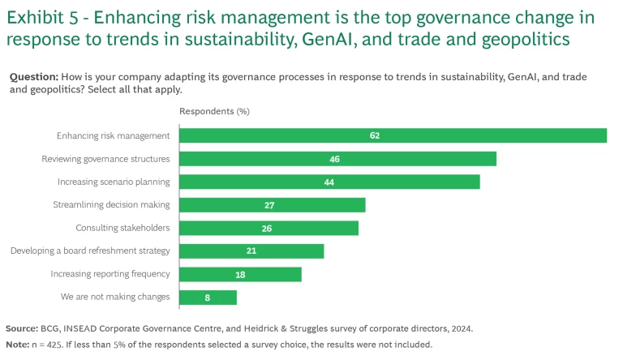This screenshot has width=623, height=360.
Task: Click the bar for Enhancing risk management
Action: (393, 135)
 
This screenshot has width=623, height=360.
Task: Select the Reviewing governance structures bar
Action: (337, 159)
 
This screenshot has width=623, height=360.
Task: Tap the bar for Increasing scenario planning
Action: (329, 182)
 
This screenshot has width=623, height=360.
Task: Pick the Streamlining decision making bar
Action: (272, 205)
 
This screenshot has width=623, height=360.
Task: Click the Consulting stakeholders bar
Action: (269, 228)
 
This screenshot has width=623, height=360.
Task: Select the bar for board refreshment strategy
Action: (251, 251)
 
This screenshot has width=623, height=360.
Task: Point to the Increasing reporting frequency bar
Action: (240, 274)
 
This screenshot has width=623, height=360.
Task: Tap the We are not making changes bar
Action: (208, 298)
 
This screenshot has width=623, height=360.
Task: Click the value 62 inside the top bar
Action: (375, 135)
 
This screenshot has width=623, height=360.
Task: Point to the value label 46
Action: (334, 159)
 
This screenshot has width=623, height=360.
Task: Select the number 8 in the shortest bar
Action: (208, 298)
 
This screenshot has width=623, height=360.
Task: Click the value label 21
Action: (251, 251)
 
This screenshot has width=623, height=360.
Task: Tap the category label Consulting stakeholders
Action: (122, 228)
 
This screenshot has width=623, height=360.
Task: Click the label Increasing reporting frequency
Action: (110, 274)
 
